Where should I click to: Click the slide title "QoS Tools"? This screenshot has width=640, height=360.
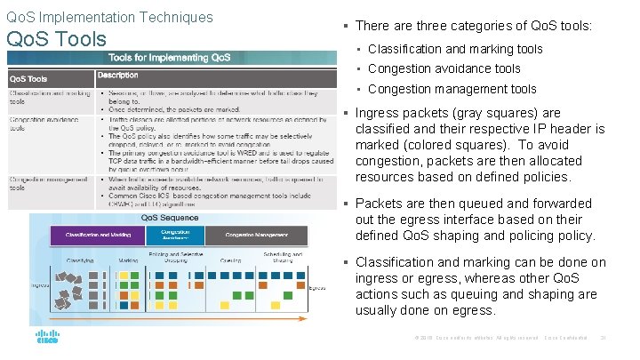pyautogui.click(x=56, y=39)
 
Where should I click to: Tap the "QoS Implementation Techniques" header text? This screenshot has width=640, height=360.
pyautogui.click(x=109, y=17)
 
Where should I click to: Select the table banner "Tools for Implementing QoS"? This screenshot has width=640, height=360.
pyautogui.click(x=170, y=58)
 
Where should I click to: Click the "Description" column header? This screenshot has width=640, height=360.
pyautogui.click(x=118, y=76)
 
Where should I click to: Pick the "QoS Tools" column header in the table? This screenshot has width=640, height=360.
pyautogui.click(x=30, y=77)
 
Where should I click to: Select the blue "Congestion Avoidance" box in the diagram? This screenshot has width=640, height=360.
pyautogui.click(x=174, y=236)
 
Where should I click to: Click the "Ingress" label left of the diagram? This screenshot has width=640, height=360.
pyautogui.click(x=39, y=285)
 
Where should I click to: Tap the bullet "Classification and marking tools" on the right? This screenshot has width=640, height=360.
pyautogui.click(x=454, y=49)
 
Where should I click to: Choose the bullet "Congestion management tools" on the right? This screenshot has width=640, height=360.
pyautogui.click(x=452, y=89)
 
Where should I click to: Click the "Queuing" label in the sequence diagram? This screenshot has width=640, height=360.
pyautogui.click(x=230, y=260)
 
